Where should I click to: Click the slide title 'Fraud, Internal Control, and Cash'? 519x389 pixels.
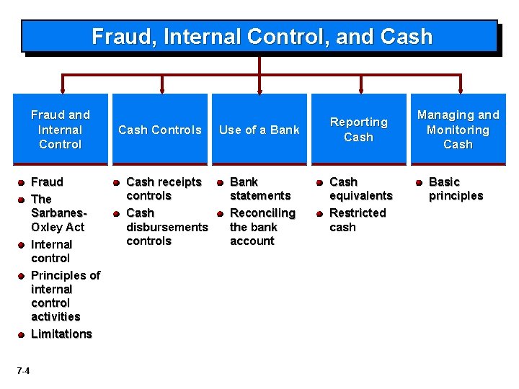pyautogui.click(x=262, y=37)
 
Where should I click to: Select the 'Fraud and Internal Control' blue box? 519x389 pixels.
pyautogui.click(x=60, y=130)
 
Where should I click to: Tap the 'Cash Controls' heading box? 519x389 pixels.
pyautogui.click(x=159, y=130)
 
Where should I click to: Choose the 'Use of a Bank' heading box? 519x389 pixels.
pyautogui.click(x=259, y=130)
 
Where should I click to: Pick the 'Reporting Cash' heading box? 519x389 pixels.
pyautogui.click(x=358, y=130)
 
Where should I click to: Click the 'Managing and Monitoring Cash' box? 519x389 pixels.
pyautogui.click(x=458, y=130)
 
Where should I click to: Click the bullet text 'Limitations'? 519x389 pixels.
pyautogui.click(x=61, y=334)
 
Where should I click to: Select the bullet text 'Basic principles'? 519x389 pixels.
pyautogui.click(x=456, y=189)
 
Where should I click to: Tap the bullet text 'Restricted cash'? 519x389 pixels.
pyautogui.click(x=358, y=220)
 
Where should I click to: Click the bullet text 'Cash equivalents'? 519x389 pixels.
pyautogui.click(x=360, y=189)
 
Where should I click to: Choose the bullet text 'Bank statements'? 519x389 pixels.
pyautogui.click(x=259, y=189)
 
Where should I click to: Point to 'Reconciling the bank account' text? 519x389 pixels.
pyautogui.click(x=262, y=227)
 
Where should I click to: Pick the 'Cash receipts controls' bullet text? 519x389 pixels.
pyautogui.click(x=164, y=189)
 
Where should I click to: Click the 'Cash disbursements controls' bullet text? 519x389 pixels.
pyautogui.click(x=167, y=227)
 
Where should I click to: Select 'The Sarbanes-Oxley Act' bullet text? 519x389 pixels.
pyautogui.click(x=58, y=213)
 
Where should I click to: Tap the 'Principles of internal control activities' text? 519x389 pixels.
pyautogui.click(x=65, y=295)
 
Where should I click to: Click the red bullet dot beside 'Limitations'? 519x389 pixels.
pyautogui.click(x=22, y=334)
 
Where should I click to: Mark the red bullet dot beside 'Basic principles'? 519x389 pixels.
pyautogui.click(x=419, y=183)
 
